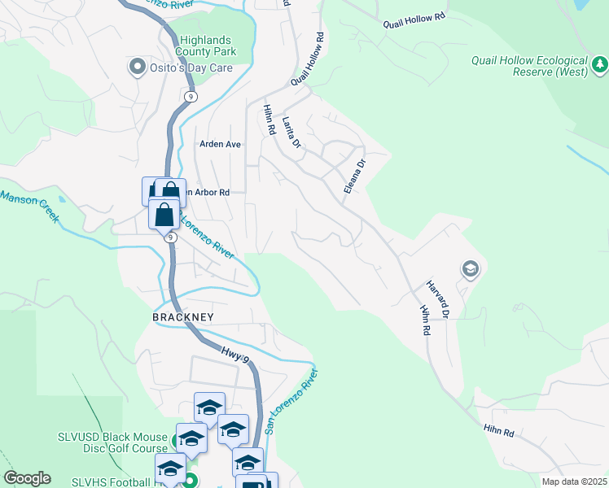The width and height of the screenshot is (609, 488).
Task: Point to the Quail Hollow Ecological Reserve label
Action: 529,66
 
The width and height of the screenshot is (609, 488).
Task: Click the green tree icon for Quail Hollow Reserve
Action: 599,63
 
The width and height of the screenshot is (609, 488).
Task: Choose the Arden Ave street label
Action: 221,144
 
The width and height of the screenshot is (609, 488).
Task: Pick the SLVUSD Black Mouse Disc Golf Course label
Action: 112,444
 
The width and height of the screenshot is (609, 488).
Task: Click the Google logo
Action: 27,478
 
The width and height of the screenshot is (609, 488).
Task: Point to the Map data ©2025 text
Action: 574,481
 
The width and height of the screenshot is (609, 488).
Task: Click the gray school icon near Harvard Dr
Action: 470,268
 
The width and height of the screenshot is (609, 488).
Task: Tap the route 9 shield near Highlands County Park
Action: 191,96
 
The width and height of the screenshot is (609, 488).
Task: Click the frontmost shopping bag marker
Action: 164,215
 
